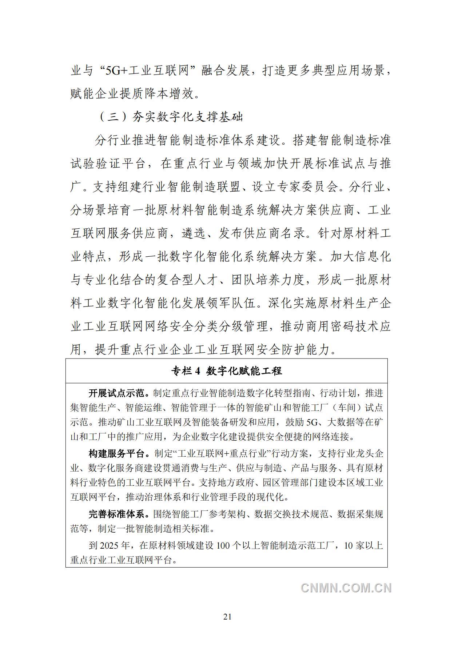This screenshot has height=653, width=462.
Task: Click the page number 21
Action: point(227,616)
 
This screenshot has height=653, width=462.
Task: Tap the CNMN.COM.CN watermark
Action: point(346,588)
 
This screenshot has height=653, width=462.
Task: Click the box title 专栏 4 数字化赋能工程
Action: point(227,371)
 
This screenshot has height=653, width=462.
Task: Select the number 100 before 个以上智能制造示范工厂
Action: point(223,546)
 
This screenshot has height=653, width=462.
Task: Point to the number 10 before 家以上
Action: point(349,546)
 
